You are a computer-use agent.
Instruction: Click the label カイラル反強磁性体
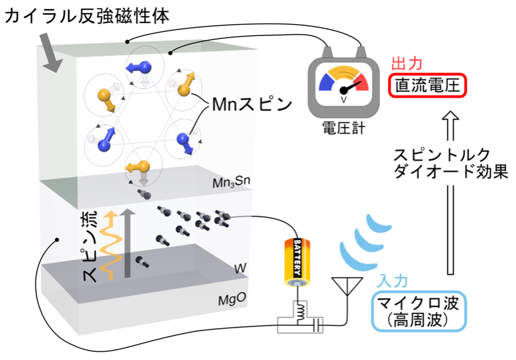pos(87,15)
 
